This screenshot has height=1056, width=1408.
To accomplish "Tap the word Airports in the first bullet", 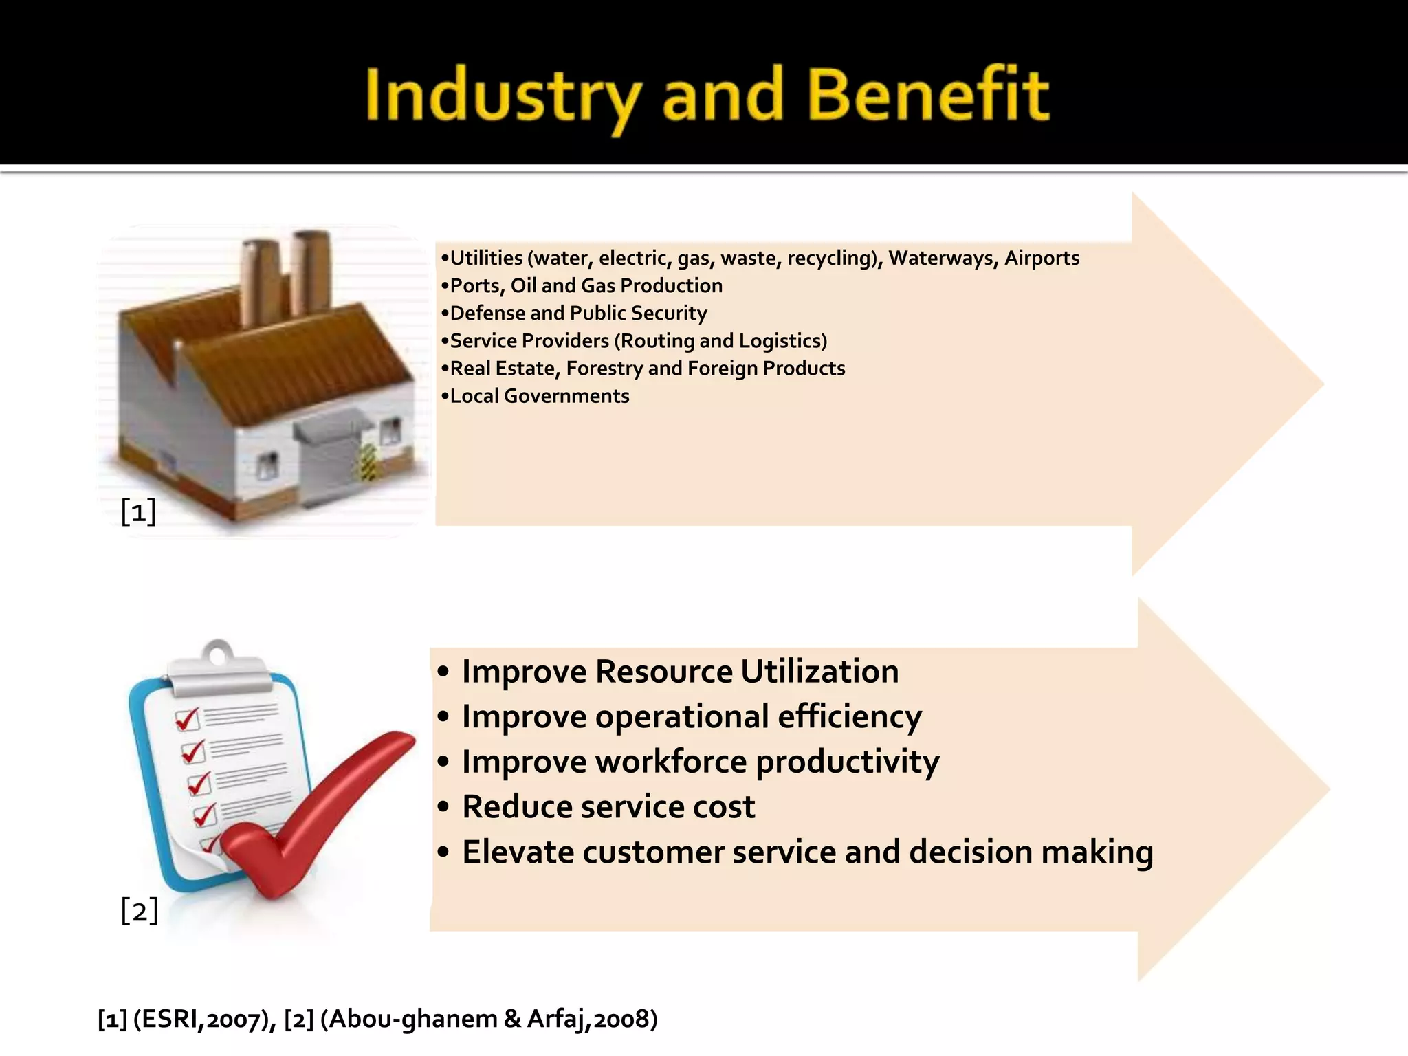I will (1042, 258).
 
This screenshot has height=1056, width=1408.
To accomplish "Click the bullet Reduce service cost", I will (608, 807).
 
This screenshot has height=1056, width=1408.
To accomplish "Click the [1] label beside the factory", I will (138, 511).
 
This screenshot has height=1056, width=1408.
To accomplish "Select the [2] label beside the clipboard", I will (140, 911).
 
